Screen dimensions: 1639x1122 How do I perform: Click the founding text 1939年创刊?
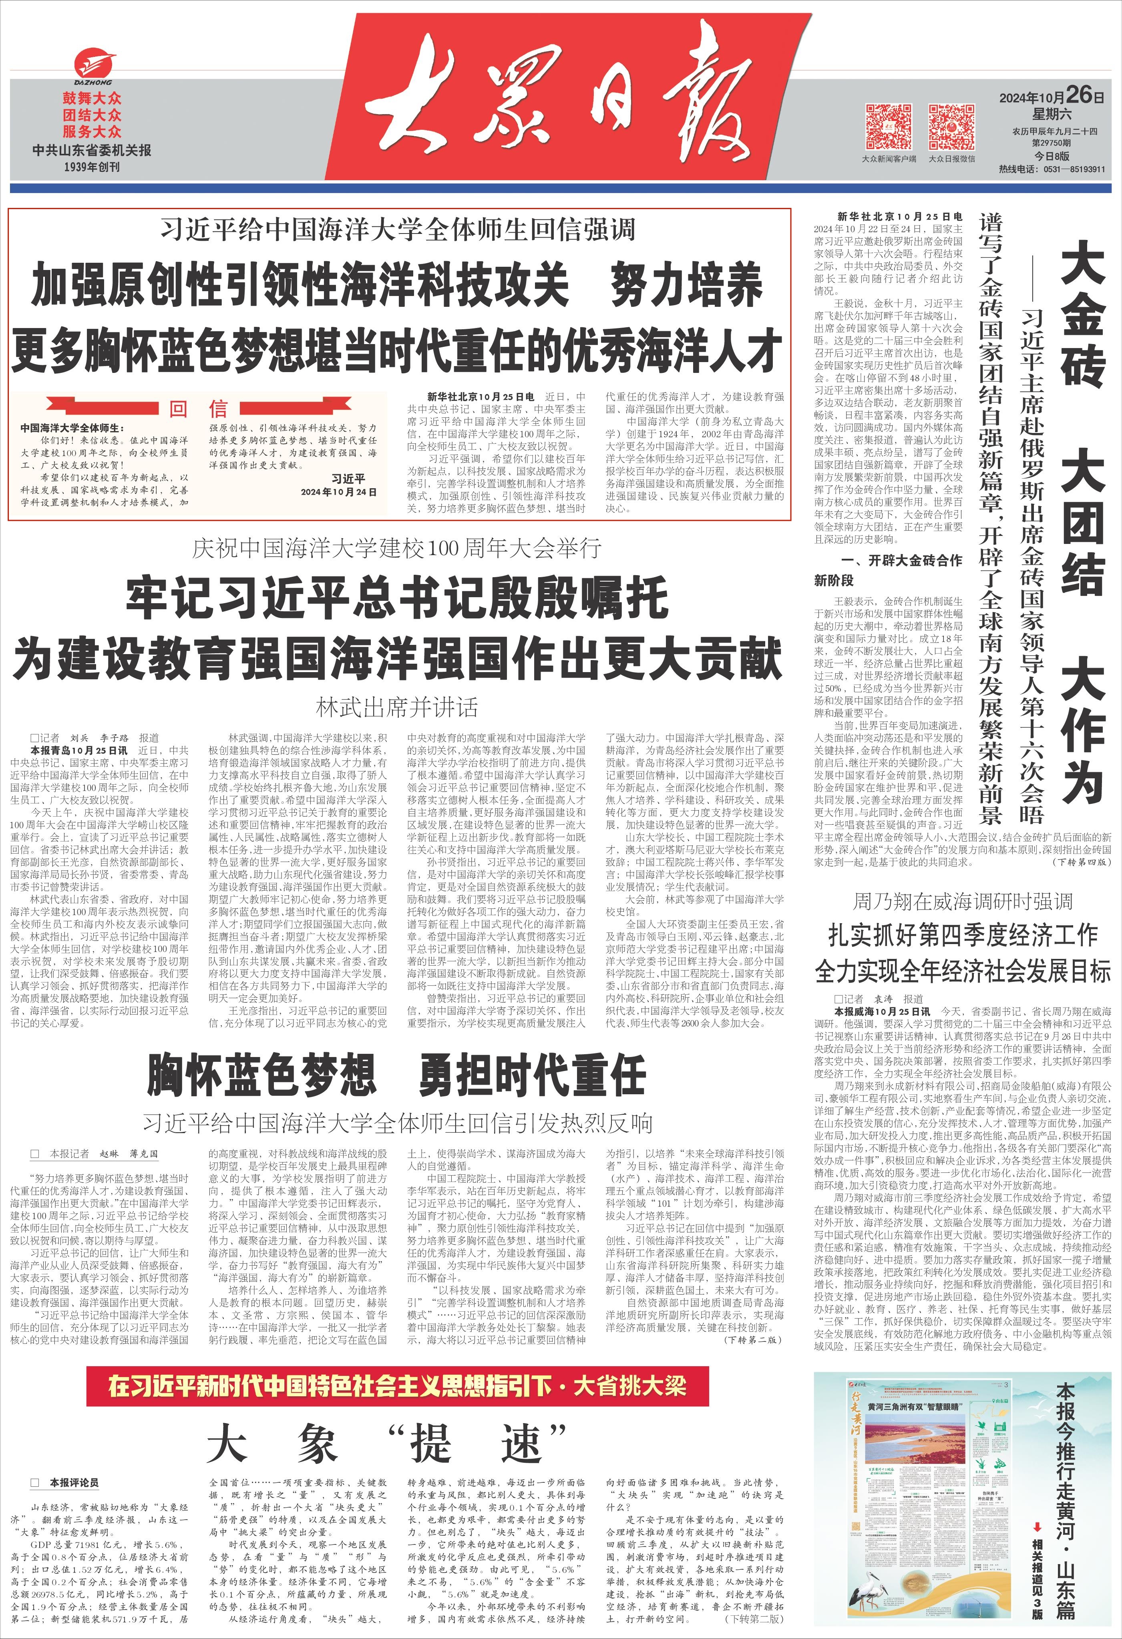pyautogui.click(x=92, y=167)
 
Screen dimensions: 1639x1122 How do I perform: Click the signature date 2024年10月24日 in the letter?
pyautogui.click(x=338, y=492)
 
